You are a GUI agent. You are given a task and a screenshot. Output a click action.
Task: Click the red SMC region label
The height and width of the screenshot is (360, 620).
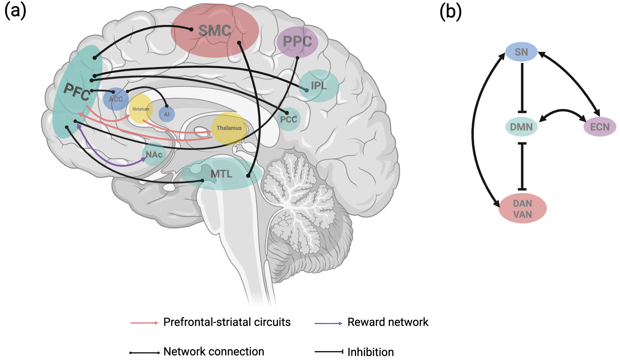215,30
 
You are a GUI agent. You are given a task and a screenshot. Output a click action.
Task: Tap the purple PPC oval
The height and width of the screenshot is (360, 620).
297,42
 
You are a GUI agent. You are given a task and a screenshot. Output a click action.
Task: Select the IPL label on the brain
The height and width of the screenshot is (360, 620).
319,86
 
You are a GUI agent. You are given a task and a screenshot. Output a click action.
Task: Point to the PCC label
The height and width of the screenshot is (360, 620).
289,119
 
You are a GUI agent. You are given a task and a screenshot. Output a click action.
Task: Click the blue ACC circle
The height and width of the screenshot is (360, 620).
116,99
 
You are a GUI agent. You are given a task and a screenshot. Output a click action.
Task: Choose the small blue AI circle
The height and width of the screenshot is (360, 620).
167,114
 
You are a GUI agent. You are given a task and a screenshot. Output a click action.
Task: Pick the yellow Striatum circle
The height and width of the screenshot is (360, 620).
141,109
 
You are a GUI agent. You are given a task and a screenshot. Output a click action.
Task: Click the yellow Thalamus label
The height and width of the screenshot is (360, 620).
229,128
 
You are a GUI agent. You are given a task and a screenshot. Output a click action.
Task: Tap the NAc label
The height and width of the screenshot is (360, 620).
154,155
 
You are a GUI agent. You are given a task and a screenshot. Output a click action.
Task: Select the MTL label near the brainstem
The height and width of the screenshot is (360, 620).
221,174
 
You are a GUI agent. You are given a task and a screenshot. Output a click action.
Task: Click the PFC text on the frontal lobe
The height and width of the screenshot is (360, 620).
77,92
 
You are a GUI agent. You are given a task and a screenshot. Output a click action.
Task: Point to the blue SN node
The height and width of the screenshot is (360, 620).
521,52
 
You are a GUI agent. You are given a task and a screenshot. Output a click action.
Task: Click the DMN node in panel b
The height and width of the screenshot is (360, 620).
521,127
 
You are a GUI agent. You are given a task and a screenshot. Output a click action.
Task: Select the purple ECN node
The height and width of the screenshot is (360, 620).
600,127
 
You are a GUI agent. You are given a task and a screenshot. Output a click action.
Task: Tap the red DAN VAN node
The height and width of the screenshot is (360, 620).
522,209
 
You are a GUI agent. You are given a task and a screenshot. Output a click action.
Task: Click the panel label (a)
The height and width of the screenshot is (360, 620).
15,10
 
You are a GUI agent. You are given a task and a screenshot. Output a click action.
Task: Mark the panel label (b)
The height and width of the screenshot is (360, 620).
450,12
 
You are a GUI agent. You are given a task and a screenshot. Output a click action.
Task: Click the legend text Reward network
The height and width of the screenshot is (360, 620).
388,322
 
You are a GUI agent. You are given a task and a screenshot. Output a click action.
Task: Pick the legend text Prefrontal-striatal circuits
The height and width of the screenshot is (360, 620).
227,322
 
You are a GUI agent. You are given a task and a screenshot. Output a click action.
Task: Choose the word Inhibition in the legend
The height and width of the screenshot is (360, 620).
370,352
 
